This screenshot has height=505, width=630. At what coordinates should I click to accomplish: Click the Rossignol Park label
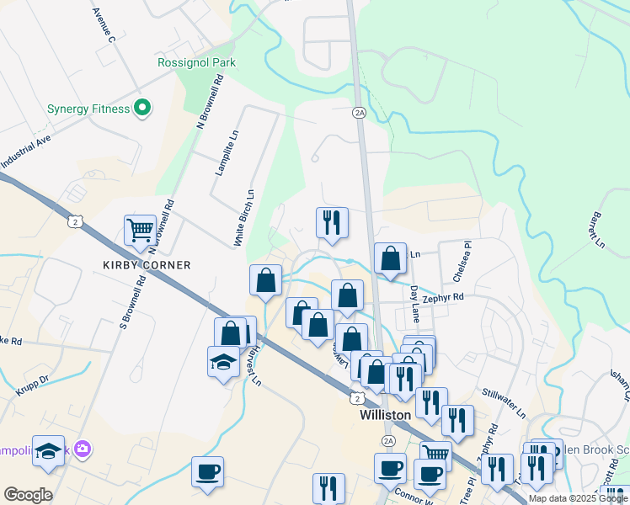point(197,62)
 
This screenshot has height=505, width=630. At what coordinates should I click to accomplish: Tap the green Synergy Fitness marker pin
point(142,108)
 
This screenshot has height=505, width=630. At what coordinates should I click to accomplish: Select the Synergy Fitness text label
point(88,109)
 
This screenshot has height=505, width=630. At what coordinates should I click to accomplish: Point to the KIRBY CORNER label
point(147,265)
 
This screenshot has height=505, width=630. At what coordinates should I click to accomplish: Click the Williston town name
point(385,416)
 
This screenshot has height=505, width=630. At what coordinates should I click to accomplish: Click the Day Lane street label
point(414,302)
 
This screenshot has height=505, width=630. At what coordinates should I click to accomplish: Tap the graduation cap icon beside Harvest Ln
point(224,362)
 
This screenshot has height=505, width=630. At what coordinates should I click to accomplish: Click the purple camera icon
point(82,447)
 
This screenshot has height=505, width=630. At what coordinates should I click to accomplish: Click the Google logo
point(28,495)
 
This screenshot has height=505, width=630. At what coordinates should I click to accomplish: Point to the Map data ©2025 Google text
point(577,498)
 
